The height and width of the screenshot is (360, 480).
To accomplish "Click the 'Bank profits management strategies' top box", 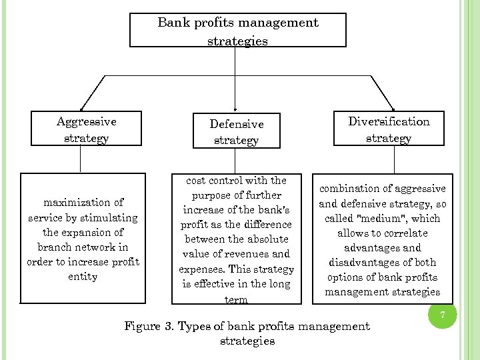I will click(238, 31).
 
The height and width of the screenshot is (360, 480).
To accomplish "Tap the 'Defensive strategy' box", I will click(237, 132).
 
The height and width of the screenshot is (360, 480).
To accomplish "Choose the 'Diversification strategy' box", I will click(389, 129).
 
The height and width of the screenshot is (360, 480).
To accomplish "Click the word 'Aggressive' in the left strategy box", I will click(87, 121).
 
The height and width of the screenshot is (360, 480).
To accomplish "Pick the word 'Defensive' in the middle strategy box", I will click(237, 124).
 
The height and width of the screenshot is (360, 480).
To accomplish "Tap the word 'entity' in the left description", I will click(83, 276).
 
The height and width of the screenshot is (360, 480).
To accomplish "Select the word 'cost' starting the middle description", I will click(198, 180).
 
